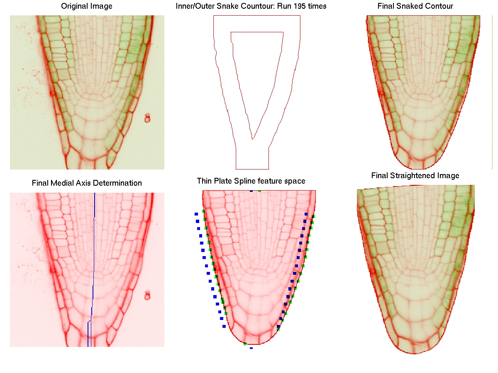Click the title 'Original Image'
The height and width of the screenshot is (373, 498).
tap(87, 6)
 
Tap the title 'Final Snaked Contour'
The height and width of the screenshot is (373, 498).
tap(415, 6)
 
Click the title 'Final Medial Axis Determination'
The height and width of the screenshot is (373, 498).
tap(87, 183)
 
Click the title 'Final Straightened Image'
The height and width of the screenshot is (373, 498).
tap(415, 176)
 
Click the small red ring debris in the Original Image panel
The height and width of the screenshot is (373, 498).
tap(147, 119)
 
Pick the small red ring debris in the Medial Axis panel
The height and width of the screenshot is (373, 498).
tap(147, 295)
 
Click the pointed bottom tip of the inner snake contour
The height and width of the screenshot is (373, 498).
tap(252, 139)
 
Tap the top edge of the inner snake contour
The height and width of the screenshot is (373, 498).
tap(257, 32)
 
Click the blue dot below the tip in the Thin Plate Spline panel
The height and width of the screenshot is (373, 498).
tap(251, 348)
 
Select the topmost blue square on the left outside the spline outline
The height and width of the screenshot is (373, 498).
tap(196, 214)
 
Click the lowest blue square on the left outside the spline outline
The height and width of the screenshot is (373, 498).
tap(224, 326)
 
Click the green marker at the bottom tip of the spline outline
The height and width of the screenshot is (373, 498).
tap(245, 344)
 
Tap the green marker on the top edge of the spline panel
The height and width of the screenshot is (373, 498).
tap(260, 191)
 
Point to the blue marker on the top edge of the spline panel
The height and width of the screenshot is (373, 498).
tap(251, 191)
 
